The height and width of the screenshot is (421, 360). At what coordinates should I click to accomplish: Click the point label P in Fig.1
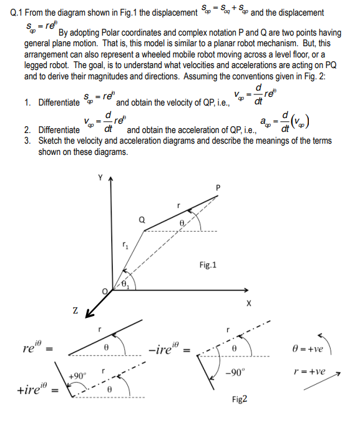(x=218, y=187)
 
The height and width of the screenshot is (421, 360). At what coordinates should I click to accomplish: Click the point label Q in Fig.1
(x=142, y=219)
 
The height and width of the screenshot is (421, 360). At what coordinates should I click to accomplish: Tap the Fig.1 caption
(x=207, y=265)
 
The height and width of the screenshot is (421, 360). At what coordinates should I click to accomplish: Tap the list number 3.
(x=27, y=141)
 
